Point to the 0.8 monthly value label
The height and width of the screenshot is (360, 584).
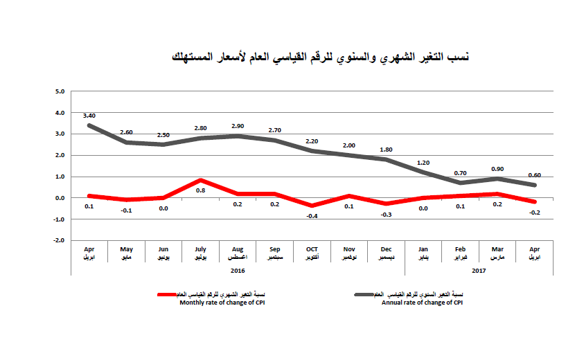pos(200,190)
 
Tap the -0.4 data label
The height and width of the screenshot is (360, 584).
pos(312,216)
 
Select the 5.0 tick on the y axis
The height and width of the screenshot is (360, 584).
pos(60,91)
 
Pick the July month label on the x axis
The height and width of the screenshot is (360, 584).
pos(200,249)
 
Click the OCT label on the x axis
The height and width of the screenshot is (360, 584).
pos(312,249)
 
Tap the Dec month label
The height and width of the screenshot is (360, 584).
pos(386,249)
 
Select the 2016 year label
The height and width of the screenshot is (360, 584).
pos(238,271)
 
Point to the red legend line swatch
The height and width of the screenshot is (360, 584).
pos(170,294)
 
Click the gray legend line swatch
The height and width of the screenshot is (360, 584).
pos(365,294)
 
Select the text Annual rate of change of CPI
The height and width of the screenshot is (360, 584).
pos(422,303)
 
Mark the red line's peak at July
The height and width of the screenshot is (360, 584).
pos(200,180)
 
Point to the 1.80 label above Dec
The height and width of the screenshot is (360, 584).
pos(386,149)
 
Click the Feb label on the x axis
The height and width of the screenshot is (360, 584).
pos(461,249)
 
